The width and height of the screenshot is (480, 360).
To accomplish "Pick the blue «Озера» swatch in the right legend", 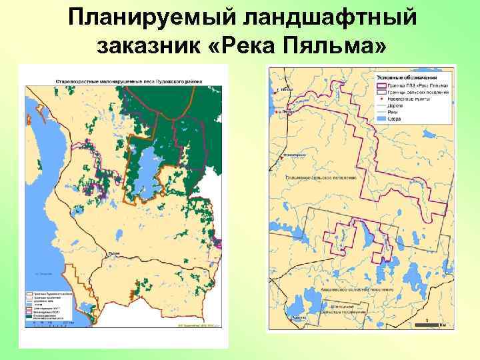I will tap(382, 118).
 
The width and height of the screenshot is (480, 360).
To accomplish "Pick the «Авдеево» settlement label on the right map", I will tap(299, 319).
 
